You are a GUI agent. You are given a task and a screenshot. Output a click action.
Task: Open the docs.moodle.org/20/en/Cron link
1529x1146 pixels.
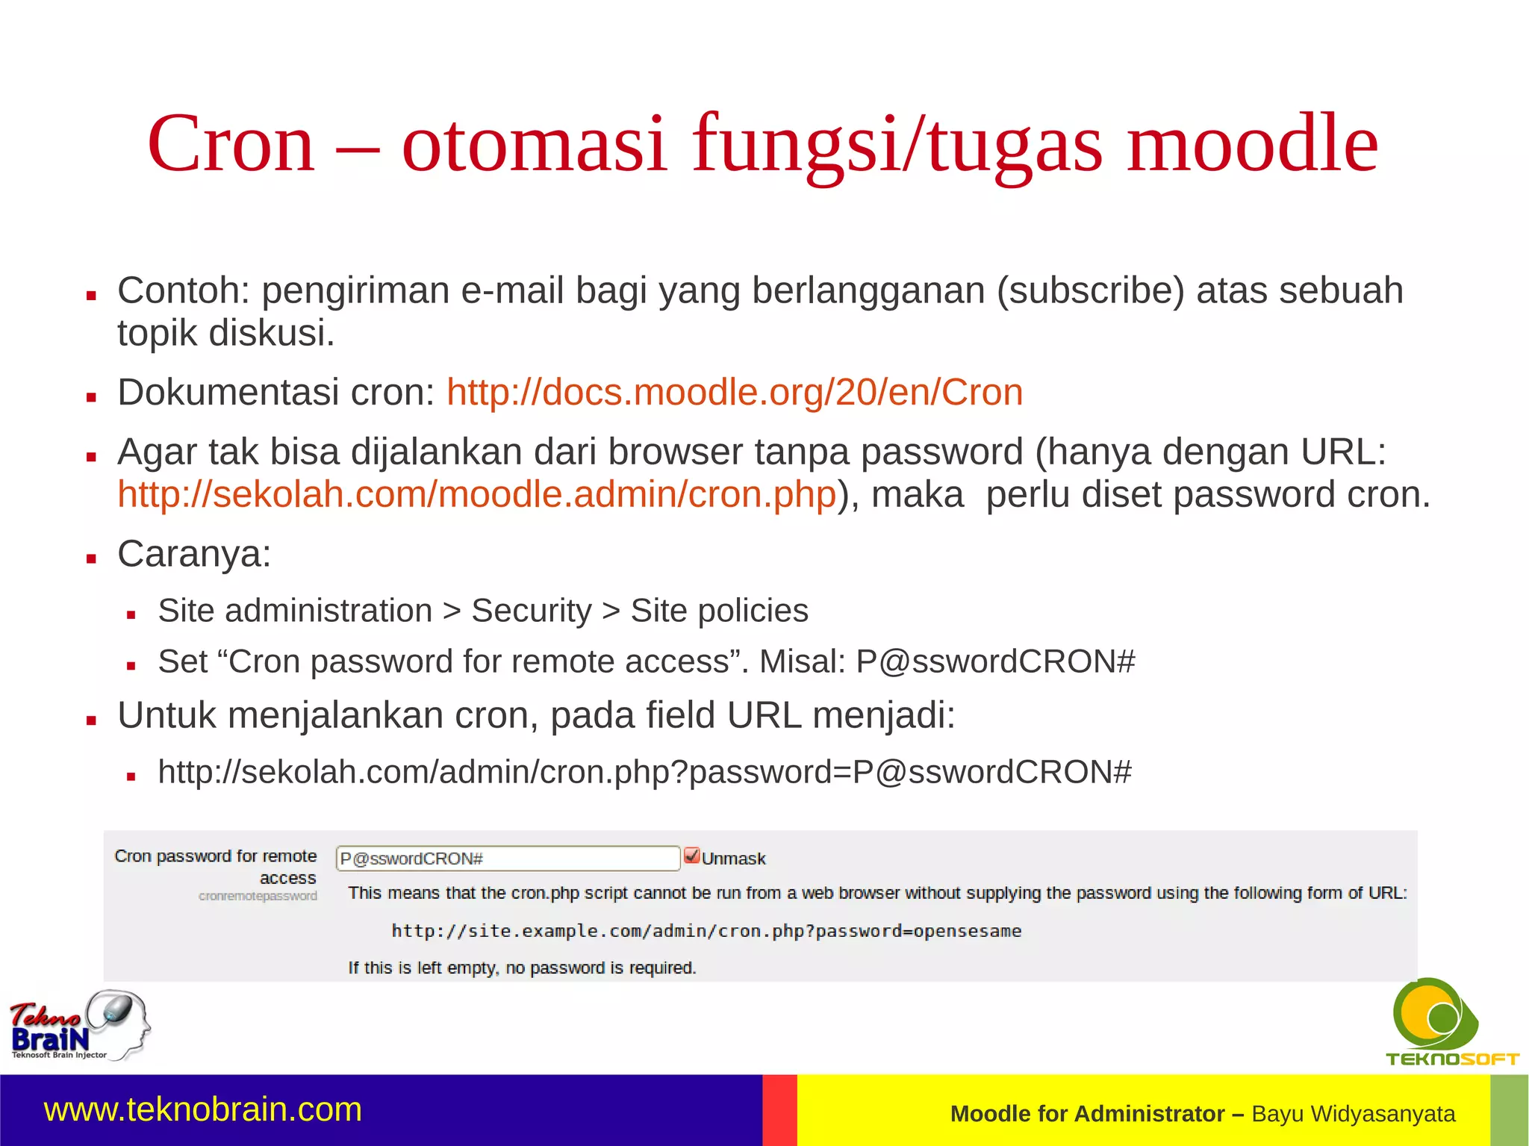tap(735, 392)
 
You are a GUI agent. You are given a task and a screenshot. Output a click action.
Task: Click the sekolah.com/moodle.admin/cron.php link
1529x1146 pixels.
tap(476, 494)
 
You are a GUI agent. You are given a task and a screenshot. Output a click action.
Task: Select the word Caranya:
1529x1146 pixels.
tap(194, 554)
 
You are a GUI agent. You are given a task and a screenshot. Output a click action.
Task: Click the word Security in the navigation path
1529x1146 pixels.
tap(531, 611)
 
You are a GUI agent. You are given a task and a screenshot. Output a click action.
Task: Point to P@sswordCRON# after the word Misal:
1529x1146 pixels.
tap(995, 661)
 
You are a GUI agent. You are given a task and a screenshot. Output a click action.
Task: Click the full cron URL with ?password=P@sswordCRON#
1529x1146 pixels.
tap(644, 772)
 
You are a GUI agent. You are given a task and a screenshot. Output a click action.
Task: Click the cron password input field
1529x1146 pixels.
tap(507, 858)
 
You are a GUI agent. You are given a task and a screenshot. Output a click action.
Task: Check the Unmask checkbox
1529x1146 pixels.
tap(691, 856)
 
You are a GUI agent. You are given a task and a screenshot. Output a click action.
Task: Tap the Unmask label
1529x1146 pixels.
tap(733, 859)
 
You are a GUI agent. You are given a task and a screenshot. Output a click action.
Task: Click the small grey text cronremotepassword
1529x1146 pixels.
tap(258, 896)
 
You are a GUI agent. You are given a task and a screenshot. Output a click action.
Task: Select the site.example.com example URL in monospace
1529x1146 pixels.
tap(706, 931)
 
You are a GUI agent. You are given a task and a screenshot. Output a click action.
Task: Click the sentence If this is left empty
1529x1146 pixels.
tap(522, 968)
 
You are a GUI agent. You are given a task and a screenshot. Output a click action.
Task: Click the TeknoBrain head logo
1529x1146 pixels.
tap(80, 1025)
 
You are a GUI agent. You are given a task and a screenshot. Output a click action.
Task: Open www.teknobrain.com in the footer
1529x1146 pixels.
tap(203, 1109)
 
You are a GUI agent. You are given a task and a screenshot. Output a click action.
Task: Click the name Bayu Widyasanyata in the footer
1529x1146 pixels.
tap(1353, 1114)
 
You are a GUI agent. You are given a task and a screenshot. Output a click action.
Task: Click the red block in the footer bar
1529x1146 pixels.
tap(779, 1110)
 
